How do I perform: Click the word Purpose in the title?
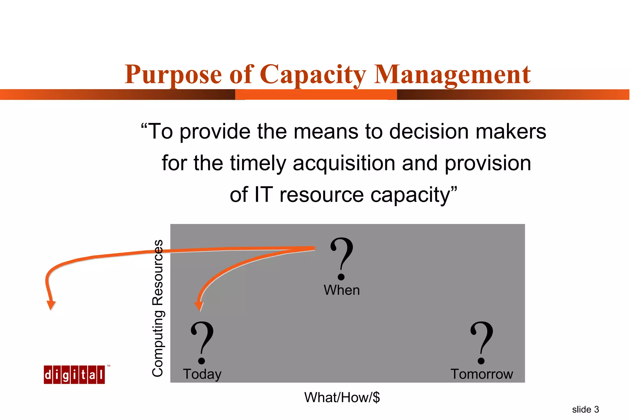click(x=173, y=75)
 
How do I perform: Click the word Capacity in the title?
click(x=313, y=75)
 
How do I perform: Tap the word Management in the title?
click(x=452, y=75)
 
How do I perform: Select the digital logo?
click(x=74, y=374)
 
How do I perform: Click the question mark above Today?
click(x=202, y=342)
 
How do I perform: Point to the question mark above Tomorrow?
click(x=481, y=342)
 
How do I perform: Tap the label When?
click(x=341, y=290)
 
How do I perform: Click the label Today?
click(x=202, y=374)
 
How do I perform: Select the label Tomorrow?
click(x=482, y=374)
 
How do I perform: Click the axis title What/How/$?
click(x=342, y=398)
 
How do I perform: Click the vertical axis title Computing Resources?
click(x=158, y=308)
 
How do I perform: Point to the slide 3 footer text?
click(x=585, y=410)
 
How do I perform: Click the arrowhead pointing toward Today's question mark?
click(x=199, y=306)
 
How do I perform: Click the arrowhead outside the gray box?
click(x=51, y=305)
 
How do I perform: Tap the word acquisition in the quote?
click(x=344, y=163)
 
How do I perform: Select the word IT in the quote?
click(x=264, y=195)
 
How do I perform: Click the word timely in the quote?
click(x=258, y=163)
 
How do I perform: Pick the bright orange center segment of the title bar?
click(x=316, y=94)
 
